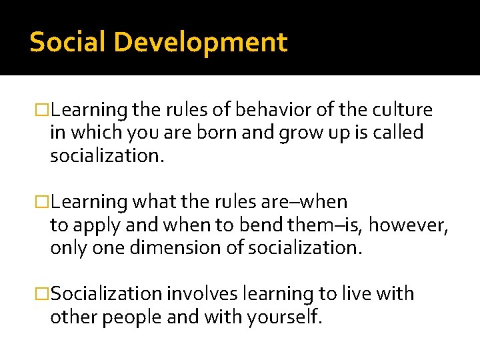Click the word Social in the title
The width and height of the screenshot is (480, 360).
click(67, 42)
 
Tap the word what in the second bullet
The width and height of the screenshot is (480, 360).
click(153, 201)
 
